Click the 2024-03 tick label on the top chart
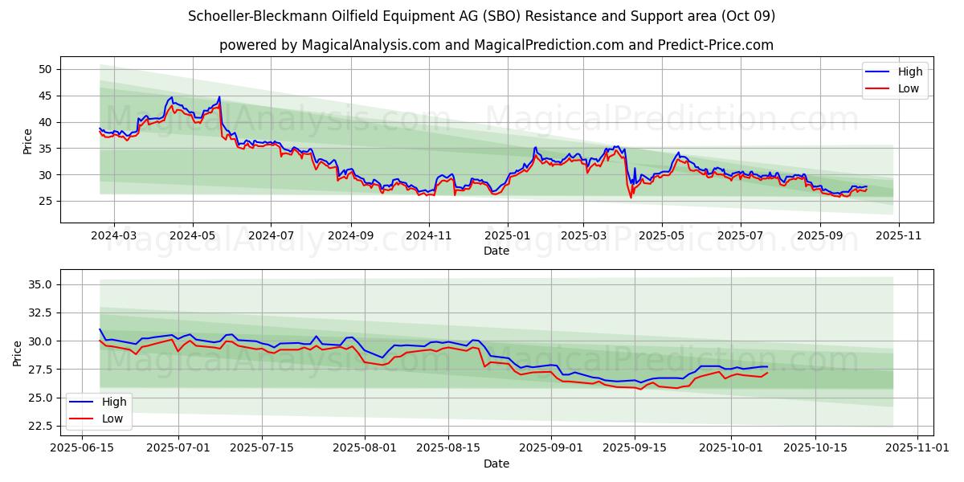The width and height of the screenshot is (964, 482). [113, 236]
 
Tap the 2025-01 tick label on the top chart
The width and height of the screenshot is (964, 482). [507, 236]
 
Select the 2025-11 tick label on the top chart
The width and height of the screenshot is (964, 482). [898, 236]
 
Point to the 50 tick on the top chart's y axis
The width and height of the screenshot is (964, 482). [45, 69]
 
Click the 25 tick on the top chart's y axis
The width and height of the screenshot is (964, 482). [45, 201]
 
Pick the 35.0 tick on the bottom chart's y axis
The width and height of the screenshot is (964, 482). [38, 284]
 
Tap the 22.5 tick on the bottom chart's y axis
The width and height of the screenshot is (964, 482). [38, 426]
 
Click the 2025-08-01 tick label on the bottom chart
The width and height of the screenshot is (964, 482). [365, 448]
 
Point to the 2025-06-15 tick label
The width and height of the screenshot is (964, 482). [82, 448]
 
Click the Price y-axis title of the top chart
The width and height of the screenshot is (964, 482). [28, 141]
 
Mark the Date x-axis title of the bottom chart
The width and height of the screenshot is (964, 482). [496, 464]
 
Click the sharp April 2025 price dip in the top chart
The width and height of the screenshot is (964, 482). [631, 197]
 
